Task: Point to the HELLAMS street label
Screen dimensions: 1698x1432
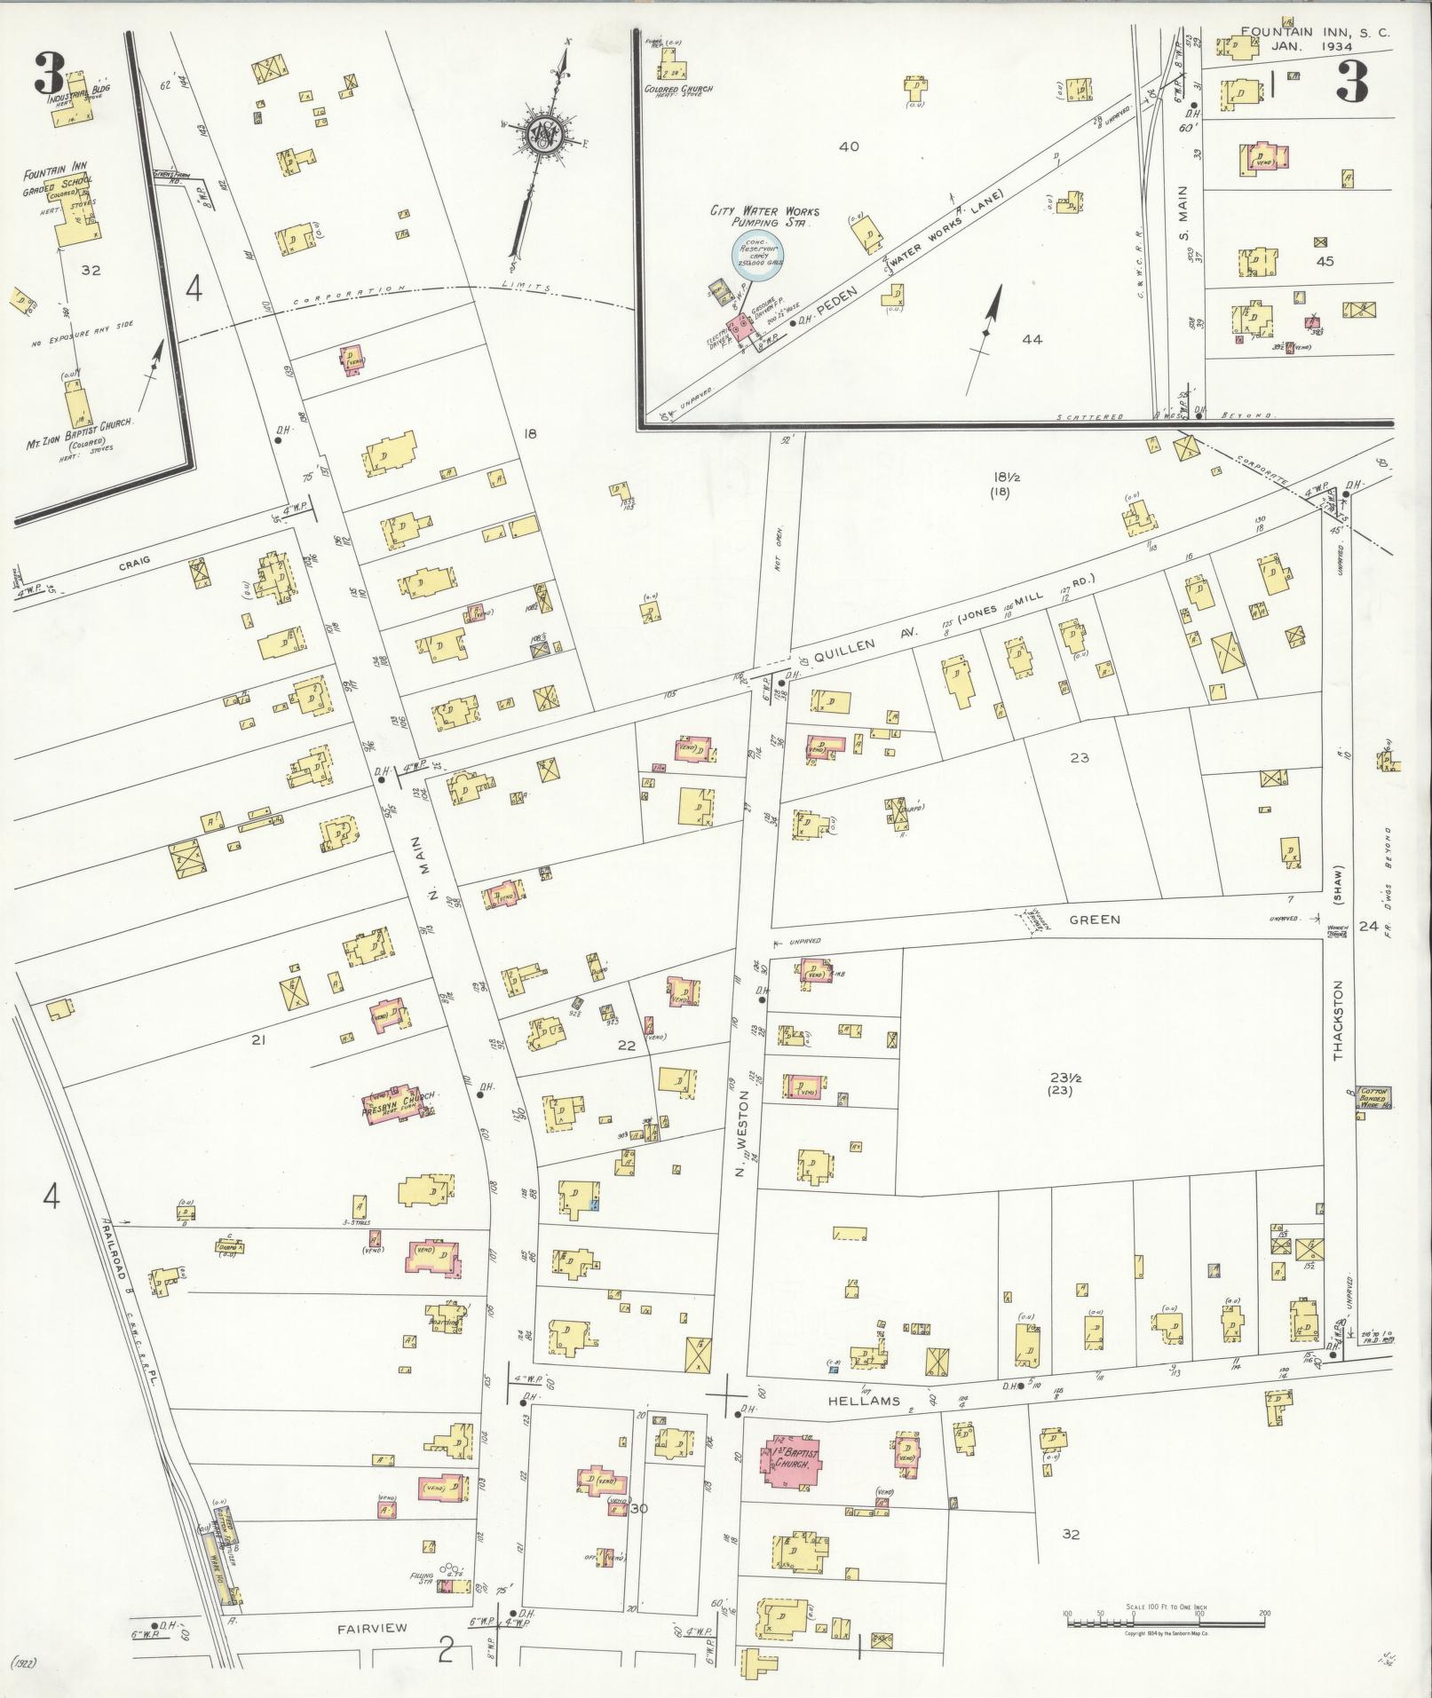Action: pyautogui.click(x=873, y=1402)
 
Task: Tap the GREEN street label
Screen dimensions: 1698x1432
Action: pyautogui.click(x=1094, y=920)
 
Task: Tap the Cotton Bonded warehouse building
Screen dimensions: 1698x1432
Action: pyautogui.click(x=1373, y=1097)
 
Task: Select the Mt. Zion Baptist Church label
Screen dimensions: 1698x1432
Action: pyautogui.click(x=78, y=426)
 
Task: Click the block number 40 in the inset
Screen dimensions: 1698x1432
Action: pyautogui.click(x=849, y=146)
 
